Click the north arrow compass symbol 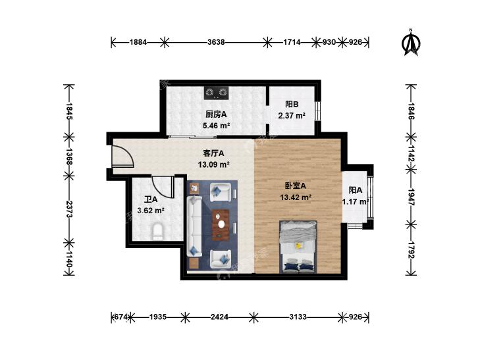click(411, 43)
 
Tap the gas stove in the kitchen click(217, 93)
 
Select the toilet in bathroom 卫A click(157, 232)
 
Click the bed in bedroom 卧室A click(298, 247)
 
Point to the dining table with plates click(221, 224)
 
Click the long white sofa click(194, 226)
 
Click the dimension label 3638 click(216, 42)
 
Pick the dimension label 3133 click(298, 317)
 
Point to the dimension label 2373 click(69, 209)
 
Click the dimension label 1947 click(411, 197)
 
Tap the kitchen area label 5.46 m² click(217, 126)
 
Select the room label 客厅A click(214, 153)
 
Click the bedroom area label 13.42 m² click(296, 197)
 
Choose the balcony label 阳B click(292, 104)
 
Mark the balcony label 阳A click(356, 190)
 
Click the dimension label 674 click(120, 317)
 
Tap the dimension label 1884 click(138, 42)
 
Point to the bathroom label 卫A click(151, 199)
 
